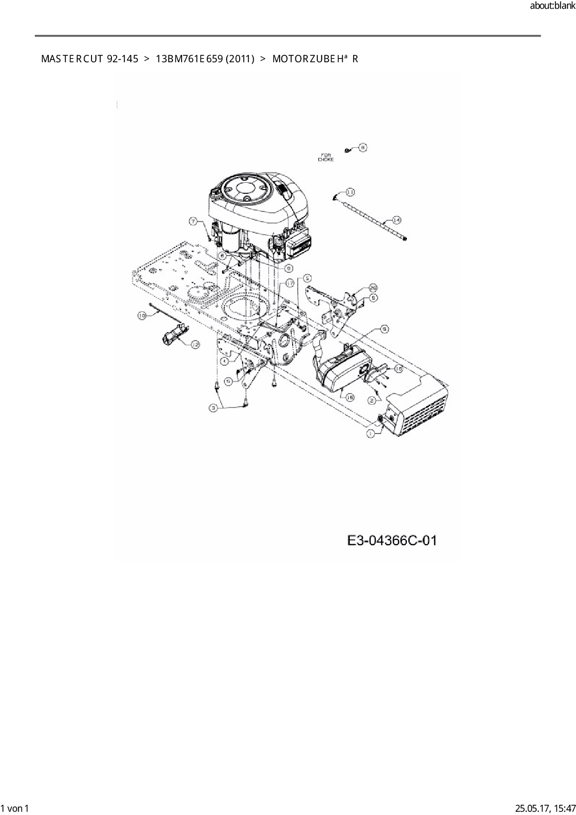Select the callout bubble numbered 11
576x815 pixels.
pyautogui.click(x=349, y=191)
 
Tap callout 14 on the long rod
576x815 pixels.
pyautogui.click(x=396, y=219)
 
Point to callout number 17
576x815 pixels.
pyautogui.click(x=290, y=283)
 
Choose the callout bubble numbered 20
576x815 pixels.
pyautogui.click(x=373, y=288)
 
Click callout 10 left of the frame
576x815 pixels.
pyautogui.click(x=142, y=315)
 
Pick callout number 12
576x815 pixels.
pyautogui.click(x=195, y=344)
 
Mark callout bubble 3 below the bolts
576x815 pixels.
pyautogui.click(x=214, y=407)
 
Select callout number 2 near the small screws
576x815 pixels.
pyautogui.click(x=372, y=400)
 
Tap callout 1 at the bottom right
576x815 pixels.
pyautogui.click(x=371, y=433)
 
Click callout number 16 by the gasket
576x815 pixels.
pyautogui.click(x=398, y=368)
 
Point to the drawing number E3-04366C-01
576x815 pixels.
pyautogui.click(x=392, y=540)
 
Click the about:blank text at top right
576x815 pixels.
pyautogui.click(x=552, y=6)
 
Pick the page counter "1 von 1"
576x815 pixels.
pyautogui.click(x=15, y=808)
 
